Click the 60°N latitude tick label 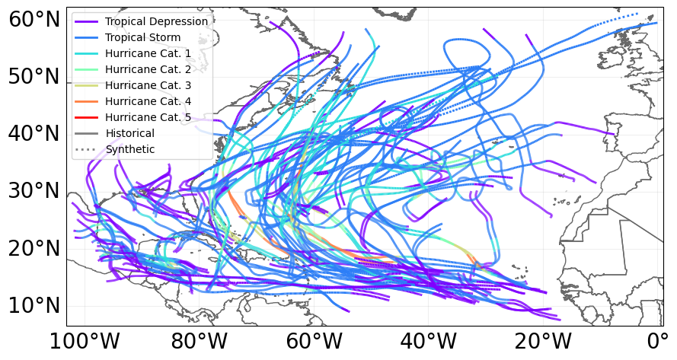point(34,20)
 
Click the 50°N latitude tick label point(34,77)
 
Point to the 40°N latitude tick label point(34,134)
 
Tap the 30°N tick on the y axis point(34,191)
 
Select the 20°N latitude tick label point(34,249)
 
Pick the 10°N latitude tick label point(34,306)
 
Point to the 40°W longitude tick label point(427,342)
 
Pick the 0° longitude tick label point(657,342)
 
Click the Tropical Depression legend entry point(156,21)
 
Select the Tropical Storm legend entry point(143,37)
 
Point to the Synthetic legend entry point(130,149)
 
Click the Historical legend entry point(130,133)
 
